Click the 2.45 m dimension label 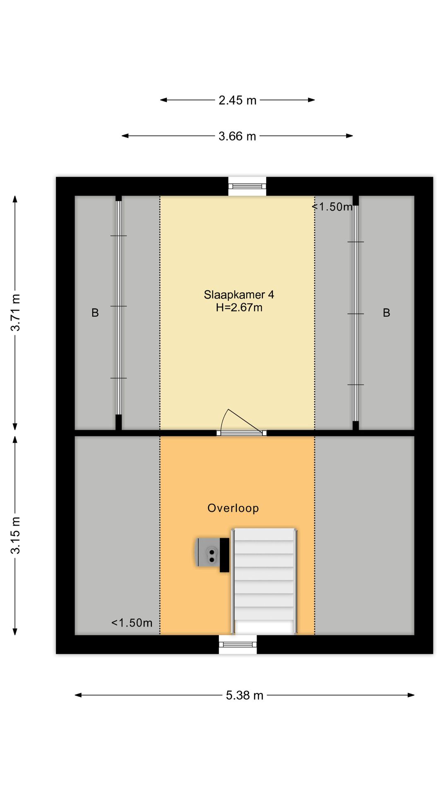pyautogui.click(x=238, y=100)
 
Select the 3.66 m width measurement pyautogui.click(x=237, y=136)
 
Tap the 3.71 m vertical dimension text pyautogui.click(x=15, y=313)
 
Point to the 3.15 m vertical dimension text pyautogui.click(x=15, y=535)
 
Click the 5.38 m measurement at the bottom pyautogui.click(x=245, y=695)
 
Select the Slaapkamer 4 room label pyautogui.click(x=239, y=294)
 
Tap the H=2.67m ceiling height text pyautogui.click(x=239, y=307)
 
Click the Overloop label pyautogui.click(x=233, y=508)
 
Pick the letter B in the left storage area pyautogui.click(x=95, y=313)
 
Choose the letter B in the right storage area pyautogui.click(x=387, y=313)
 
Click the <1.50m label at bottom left pyautogui.click(x=132, y=623)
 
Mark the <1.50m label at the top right pyautogui.click(x=332, y=207)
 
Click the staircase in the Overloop pyautogui.click(x=264, y=581)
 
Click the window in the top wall pyautogui.click(x=247, y=186)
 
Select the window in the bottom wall pyautogui.click(x=238, y=644)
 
